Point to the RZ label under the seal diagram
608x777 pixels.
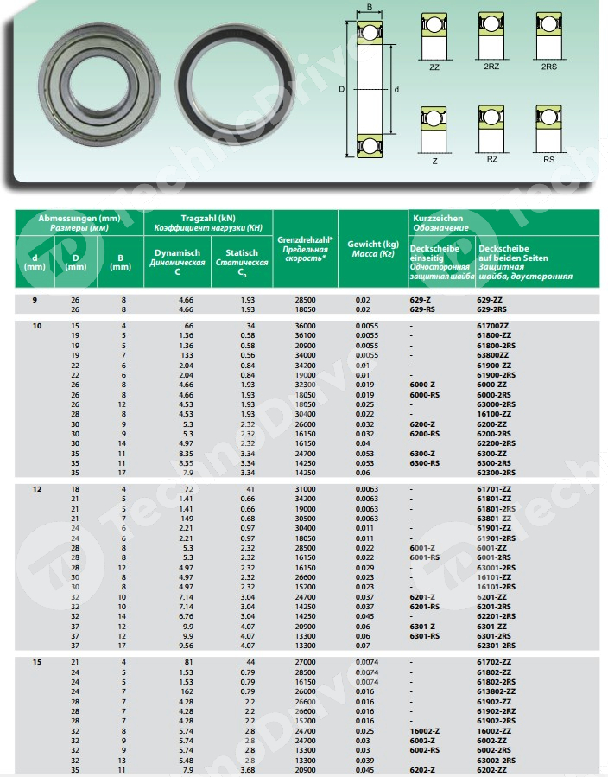(491, 159)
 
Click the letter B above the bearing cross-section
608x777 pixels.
(370, 8)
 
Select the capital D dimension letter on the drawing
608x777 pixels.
(341, 89)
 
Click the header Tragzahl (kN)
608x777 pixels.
(207, 219)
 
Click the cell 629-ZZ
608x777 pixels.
(493, 299)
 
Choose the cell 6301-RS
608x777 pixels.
(425, 636)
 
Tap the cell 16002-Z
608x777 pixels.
(425, 730)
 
